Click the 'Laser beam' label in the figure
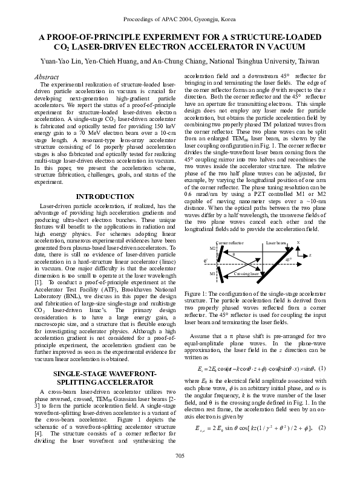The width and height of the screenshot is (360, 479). (x=276, y=225)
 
